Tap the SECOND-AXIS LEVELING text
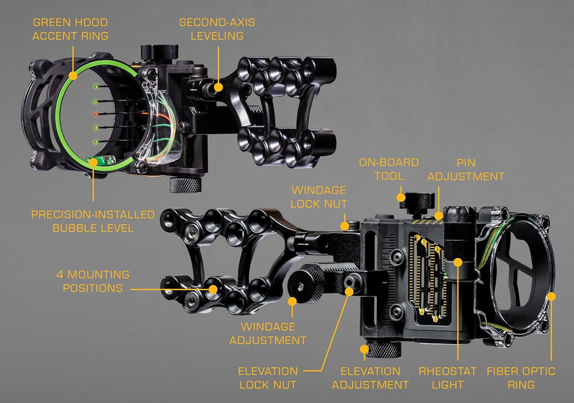click(216, 29)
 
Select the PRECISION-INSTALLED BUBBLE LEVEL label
click(92, 221)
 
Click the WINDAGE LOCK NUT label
click(319, 196)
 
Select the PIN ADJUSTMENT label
click(466, 170)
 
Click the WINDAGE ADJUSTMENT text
click(267, 333)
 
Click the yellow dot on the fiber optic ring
click(551, 296)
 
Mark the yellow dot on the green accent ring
click(73, 75)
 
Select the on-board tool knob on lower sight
click(416, 201)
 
